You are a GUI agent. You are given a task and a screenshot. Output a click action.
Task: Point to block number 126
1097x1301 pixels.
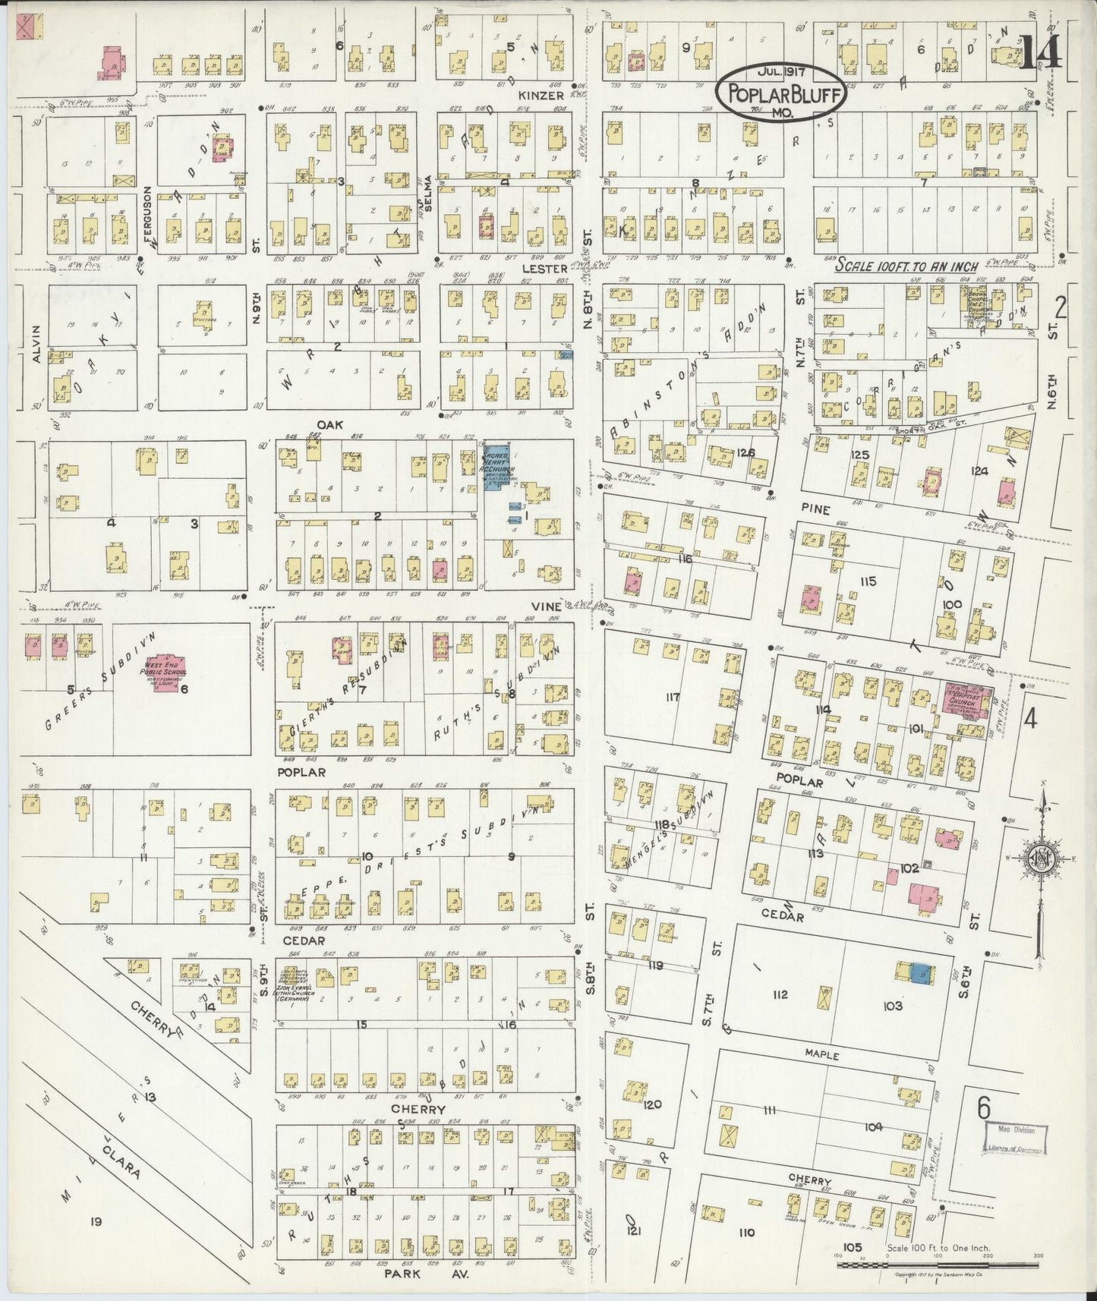tap(746, 453)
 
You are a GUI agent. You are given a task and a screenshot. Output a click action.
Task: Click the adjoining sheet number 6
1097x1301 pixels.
tap(983, 1110)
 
